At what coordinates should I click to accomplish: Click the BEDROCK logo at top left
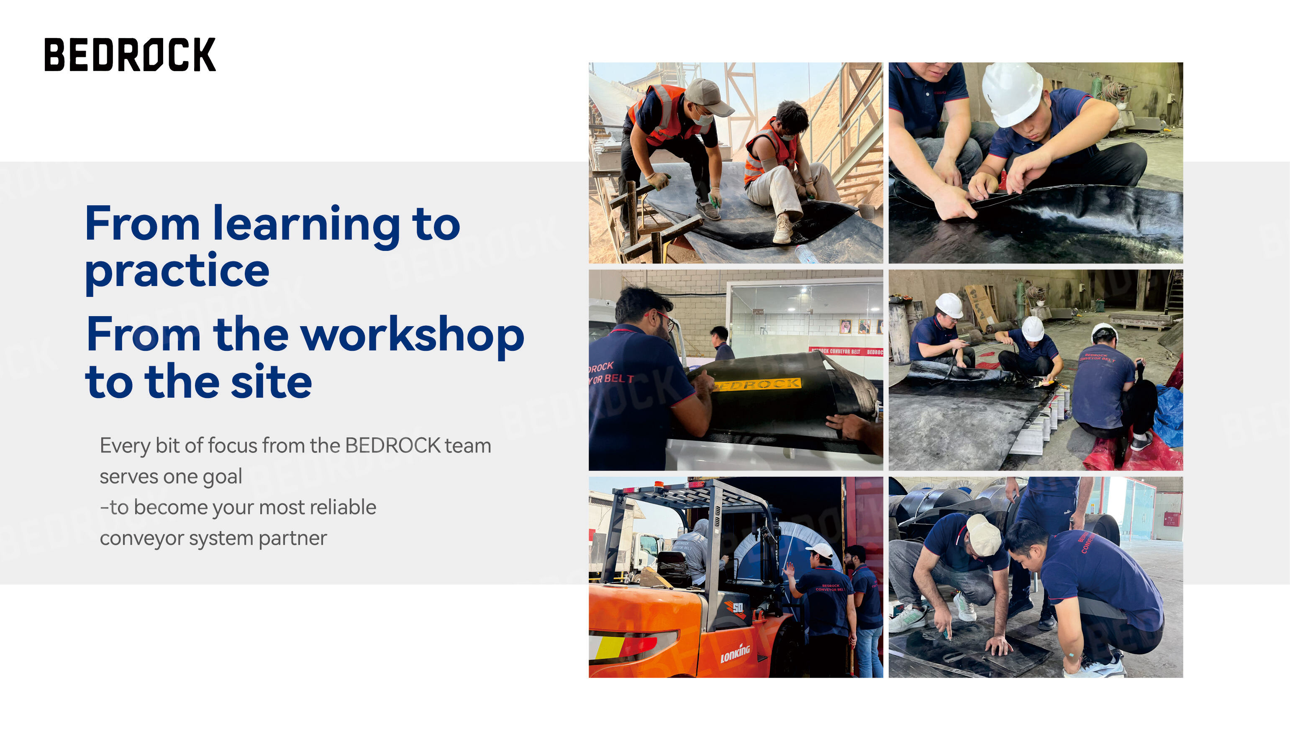tap(130, 54)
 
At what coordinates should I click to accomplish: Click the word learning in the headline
tap(306, 225)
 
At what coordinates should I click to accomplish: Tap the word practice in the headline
tap(177, 271)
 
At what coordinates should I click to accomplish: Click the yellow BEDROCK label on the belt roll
tap(758, 384)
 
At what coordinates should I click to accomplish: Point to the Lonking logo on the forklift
tap(735, 654)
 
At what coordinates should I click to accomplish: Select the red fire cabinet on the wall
tap(1170, 519)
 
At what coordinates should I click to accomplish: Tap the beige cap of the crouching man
tap(983, 535)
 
